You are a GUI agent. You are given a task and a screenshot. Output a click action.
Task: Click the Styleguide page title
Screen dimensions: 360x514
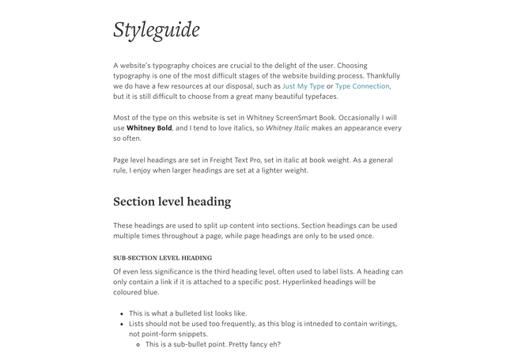pos(156,30)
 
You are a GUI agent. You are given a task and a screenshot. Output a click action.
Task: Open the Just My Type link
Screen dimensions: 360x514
pos(303,86)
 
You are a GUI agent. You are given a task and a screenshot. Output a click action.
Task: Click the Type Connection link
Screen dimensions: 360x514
pos(362,86)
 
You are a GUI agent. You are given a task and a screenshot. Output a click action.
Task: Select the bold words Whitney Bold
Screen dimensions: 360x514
pos(149,128)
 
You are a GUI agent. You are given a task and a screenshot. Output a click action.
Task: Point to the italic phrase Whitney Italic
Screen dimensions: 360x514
pos(288,128)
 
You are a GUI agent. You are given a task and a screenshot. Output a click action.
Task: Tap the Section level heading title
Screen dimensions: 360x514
pos(172,202)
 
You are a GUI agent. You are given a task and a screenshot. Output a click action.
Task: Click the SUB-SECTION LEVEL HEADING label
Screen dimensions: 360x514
pos(162,258)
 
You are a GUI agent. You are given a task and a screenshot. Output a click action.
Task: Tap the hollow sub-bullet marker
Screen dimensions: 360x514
pos(138,345)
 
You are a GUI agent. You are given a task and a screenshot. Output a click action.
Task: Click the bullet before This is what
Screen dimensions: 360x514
pos(122,314)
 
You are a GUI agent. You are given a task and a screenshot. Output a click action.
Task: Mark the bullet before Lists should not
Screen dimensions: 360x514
pos(122,324)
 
